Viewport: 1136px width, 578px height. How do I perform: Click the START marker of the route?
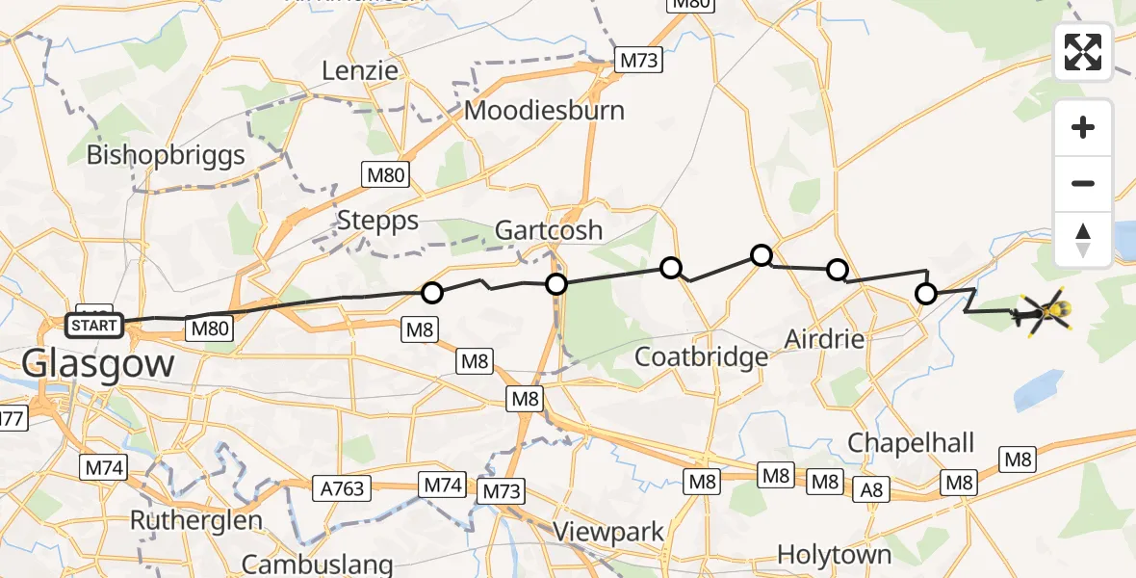pos(94,326)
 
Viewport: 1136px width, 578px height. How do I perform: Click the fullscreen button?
pos(1083,51)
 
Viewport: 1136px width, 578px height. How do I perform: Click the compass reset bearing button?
pos(1083,240)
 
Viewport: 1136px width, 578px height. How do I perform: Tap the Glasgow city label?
pos(98,364)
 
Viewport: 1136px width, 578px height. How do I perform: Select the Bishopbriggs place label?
pos(166,155)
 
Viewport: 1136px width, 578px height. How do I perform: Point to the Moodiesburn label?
pos(544,110)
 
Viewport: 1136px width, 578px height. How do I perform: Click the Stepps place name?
pos(377,221)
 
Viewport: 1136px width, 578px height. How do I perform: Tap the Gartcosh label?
pos(549,230)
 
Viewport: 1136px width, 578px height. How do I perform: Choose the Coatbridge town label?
pos(702,357)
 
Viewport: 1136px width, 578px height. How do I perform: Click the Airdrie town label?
pos(824,339)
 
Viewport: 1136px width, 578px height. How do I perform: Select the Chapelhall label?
pos(911,443)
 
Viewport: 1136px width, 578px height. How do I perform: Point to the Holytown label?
pos(835,555)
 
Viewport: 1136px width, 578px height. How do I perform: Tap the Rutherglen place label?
pos(196,521)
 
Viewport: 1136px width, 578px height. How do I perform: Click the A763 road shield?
pos(344,488)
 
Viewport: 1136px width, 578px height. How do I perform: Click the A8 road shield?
pos(872,491)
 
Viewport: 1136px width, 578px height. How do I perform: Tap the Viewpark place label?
pos(609,532)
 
